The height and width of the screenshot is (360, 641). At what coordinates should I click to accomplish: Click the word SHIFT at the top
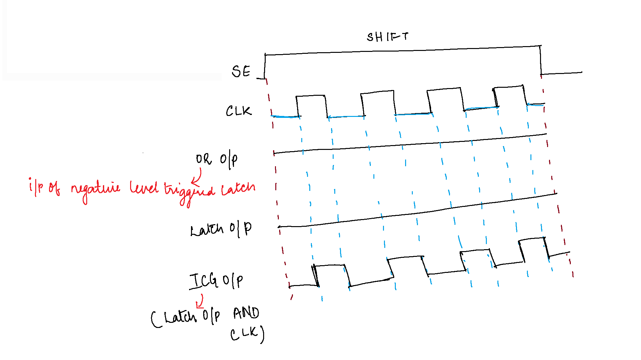387,37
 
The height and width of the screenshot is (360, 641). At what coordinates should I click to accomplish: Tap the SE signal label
241,71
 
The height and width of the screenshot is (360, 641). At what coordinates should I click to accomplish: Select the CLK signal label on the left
239,111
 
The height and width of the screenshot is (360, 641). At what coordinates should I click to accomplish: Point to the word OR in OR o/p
204,159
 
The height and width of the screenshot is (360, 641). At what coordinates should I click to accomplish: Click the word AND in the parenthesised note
246,313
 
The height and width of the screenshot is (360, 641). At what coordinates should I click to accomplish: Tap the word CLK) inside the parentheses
247,334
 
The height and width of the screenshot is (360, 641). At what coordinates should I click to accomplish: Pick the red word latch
238,188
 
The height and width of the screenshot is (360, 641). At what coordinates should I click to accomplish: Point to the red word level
144,187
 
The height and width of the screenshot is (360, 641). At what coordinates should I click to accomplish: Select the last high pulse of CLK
510,95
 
